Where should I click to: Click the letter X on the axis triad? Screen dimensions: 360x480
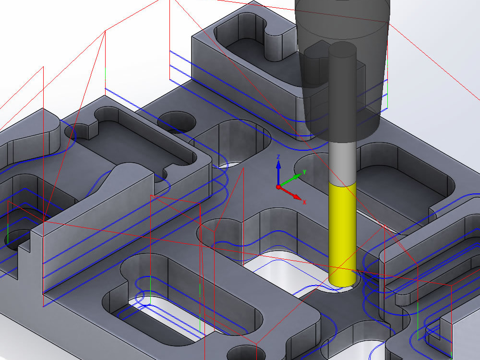[304, 202]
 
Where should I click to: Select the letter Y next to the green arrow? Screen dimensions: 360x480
[305, 171]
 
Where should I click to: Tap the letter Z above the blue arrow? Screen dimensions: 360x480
[278, 157]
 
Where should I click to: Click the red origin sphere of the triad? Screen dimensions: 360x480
[278, 187]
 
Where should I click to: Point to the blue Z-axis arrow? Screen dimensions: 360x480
[278, 170]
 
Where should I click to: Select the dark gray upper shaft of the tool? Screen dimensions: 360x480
[342, 91]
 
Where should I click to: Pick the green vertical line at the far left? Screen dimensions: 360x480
[8, 233]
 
